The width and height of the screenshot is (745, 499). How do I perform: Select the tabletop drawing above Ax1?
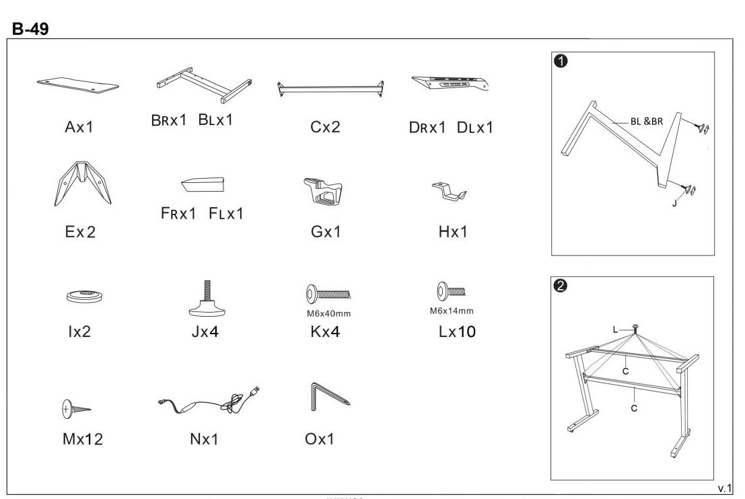pyautogui.click(x=78, y=83)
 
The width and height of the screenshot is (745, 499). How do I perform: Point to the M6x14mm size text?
pyautogui.click(x=452, y=311)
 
